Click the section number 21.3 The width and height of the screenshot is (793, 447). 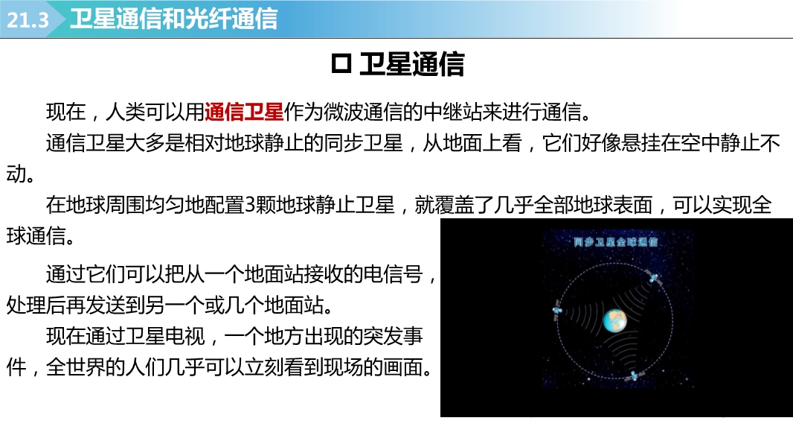tap(28, 20)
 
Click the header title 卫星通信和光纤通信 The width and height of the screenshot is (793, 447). tap(174, 19)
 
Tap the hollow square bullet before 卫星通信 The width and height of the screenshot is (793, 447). tap(341, 64)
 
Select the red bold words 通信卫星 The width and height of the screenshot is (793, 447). tap(244, 112)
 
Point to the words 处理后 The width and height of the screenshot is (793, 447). tap(36, 305)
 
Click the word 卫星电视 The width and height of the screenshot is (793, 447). tap(165, 336)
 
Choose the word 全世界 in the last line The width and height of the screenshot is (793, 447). tap(76, 367)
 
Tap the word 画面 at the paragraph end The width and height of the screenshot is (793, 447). tap(403, 367)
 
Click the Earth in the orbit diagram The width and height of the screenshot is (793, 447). tap(615, 320)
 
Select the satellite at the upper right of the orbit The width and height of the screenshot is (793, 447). tap(653, 277)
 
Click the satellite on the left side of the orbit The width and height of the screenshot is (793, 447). tap(557, 310)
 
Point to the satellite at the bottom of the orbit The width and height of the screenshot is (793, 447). tap(632, 375)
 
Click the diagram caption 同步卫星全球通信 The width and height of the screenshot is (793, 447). tap(615, 242)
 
